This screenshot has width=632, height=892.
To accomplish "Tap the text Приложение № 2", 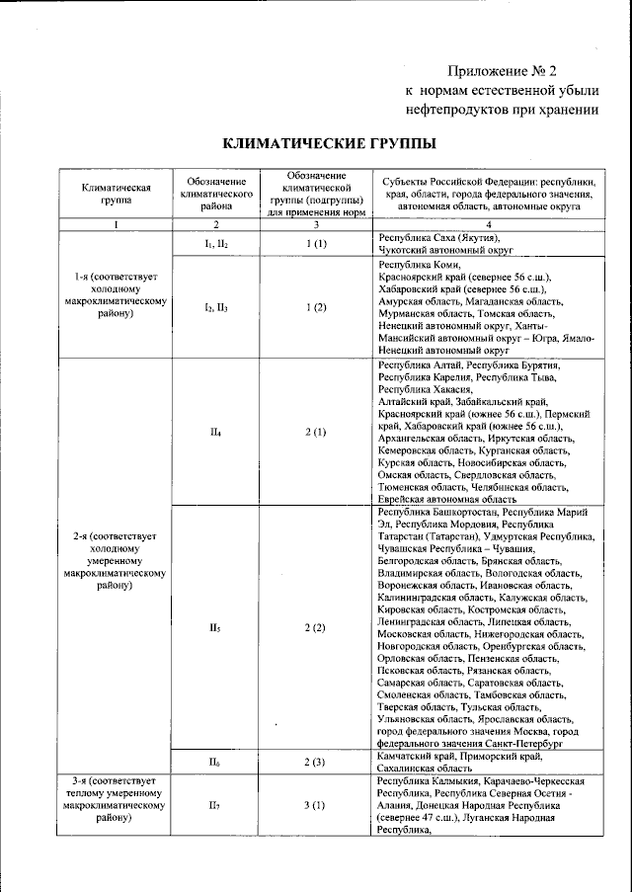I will [x=503, y=71].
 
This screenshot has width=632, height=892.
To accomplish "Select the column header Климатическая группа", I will [x=115, y=193].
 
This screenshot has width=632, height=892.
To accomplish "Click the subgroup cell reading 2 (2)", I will [x=315, y=628].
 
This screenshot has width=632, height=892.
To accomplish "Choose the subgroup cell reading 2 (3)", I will [x=315, y=762].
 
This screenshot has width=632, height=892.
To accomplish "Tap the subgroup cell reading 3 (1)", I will [x=315, y=806].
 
